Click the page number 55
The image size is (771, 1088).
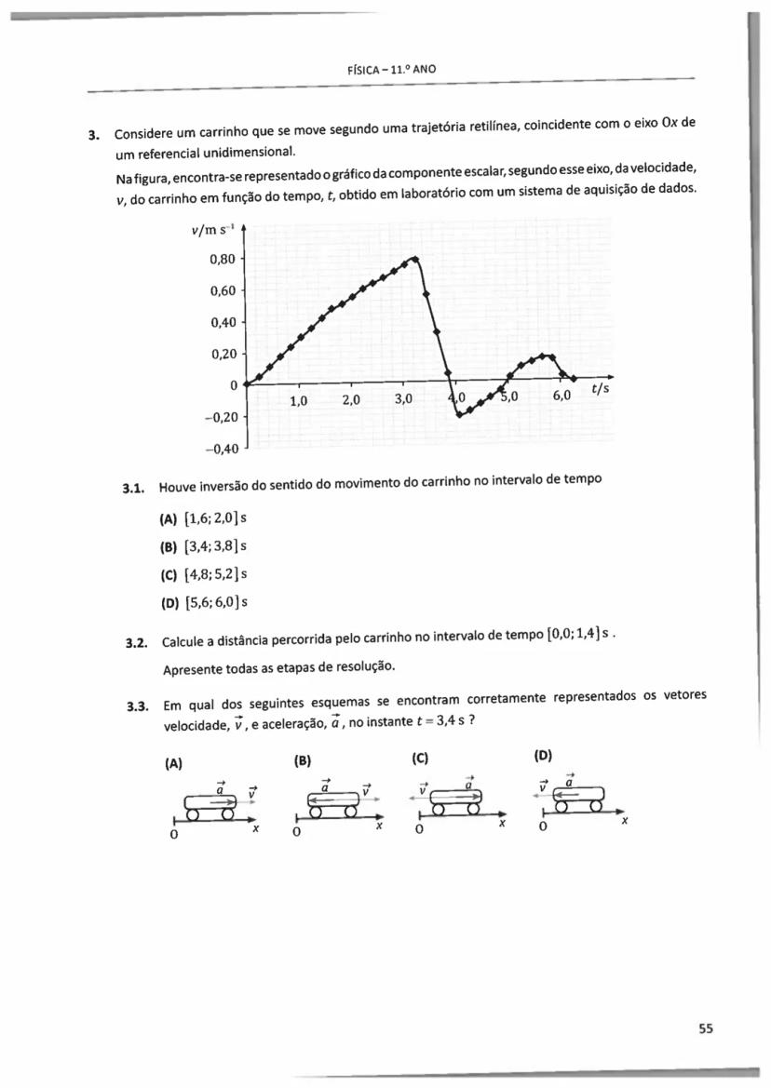pyautogui.click(x=705, y=1028)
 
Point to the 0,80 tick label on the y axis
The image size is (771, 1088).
pyautogui.click(x=223, y=259)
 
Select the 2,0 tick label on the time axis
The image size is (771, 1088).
pyautogui.click(x=351, y=401)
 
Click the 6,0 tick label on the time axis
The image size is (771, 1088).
pyautogui.click(x=561, y=396)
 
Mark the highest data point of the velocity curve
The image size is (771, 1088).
pyautogui.click(x=414, y=258)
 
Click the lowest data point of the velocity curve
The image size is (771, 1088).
pyautogui.click(x=458, y=415)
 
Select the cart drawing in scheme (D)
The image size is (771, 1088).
pyautogui.click(x=577, y=796)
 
